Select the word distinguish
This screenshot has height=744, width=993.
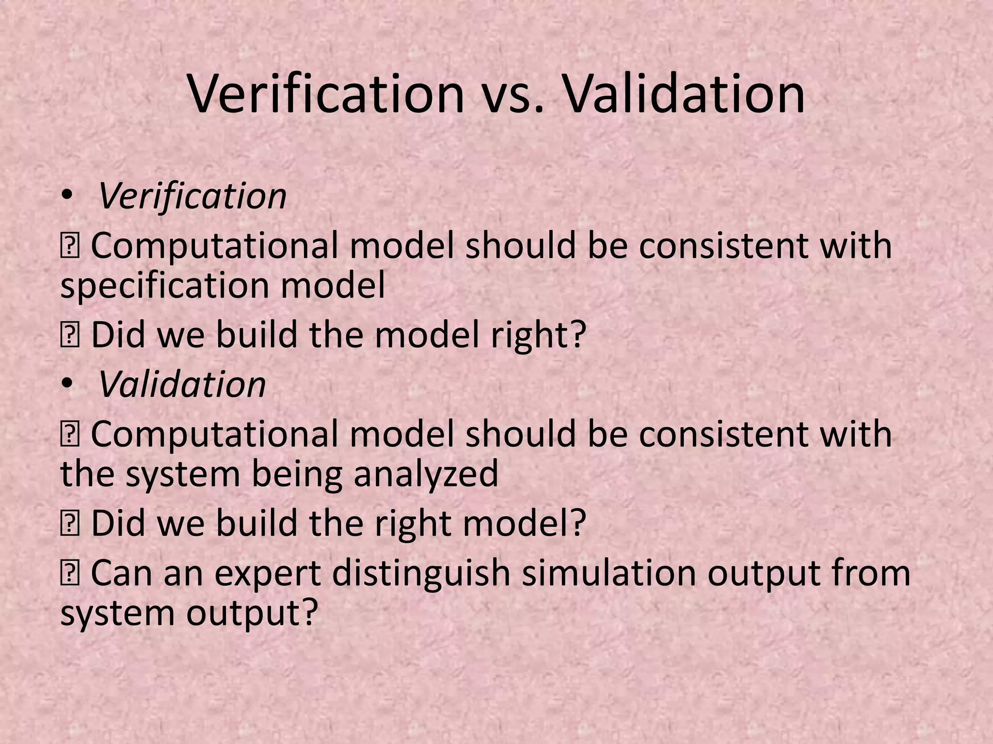point(421,573)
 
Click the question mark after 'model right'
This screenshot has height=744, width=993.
point(577,335)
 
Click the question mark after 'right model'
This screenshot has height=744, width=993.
point(577,523)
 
